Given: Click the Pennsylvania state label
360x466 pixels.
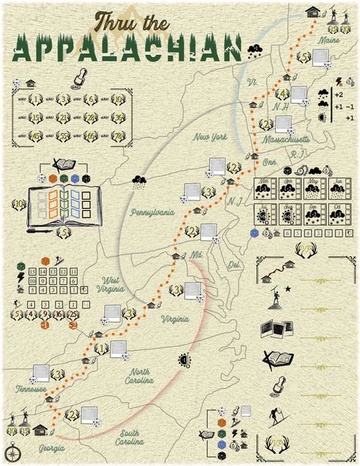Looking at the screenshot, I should pyautogui.click(x=152, y=212).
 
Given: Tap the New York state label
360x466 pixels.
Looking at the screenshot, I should pyautogui.click(x=210, y=138).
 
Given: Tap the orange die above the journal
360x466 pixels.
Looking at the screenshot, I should pyautogui.click(x=52, y=179).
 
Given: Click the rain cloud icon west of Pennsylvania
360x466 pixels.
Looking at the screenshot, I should pyautogui.click(x=138, y=183).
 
